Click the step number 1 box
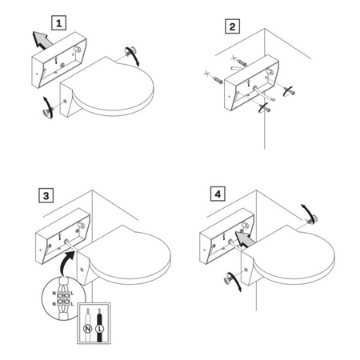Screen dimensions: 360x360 [58, 23]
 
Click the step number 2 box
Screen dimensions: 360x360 [232, 26]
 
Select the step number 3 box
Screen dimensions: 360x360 [46, 196]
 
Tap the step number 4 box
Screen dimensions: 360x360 [218, 194]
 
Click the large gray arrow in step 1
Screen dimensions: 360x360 [42, 40]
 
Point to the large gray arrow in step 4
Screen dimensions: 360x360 [245, 238]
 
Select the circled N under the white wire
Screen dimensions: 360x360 [87, 329]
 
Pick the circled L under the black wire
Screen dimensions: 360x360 [99, 329]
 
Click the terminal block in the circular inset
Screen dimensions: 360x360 [63, 298]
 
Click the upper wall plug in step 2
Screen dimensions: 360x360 [242, 63]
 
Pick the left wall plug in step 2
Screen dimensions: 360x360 [218, 80]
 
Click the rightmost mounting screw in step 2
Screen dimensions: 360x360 [290, 91]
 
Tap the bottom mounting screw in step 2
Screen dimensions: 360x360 [265, 109]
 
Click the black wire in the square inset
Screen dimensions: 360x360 [99, 325]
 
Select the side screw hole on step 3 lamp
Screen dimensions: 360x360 [82, 270]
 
